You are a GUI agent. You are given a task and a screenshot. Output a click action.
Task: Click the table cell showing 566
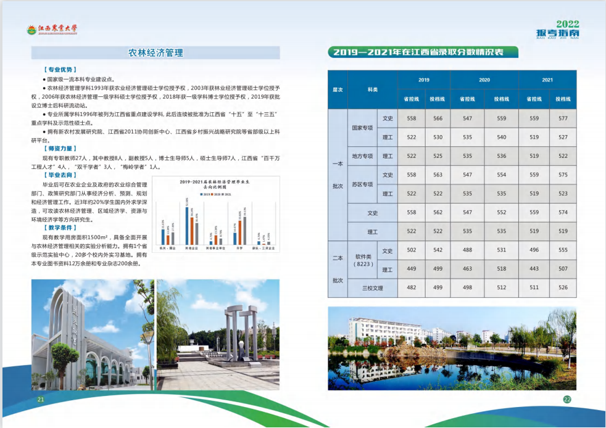pyautogui.click(x=438, y=118)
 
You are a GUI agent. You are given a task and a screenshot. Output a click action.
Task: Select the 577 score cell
pyautogui.click(x=563, y=118)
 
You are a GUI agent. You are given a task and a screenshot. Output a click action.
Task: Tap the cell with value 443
pyautogui.click(x=534, y=269)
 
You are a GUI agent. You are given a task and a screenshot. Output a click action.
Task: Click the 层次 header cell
pyautogui.click(x=338, y=89)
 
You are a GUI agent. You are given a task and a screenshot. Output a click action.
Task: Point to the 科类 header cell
pyautogui.click(x=373, y=89)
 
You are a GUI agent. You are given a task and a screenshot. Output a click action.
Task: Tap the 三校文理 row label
pyautogui.click(x=373, y=287)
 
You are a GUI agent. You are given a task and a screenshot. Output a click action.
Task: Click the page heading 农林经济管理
pyautogui.click(x=156, y=53)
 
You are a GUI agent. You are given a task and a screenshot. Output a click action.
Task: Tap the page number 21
pyautogui.click(x=41, y=400)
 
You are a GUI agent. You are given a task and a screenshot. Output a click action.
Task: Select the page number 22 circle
pyautogui.click(x=567, y=399)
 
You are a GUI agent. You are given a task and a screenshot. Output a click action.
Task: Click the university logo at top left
pyautogui.click(x=52, y=29)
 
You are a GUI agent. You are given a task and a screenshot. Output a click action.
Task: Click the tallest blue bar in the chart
pyautogui.click(x=187, y=224)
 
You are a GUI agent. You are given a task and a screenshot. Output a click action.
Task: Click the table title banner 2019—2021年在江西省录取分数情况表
pyautogui.click(x=423, y=52)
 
